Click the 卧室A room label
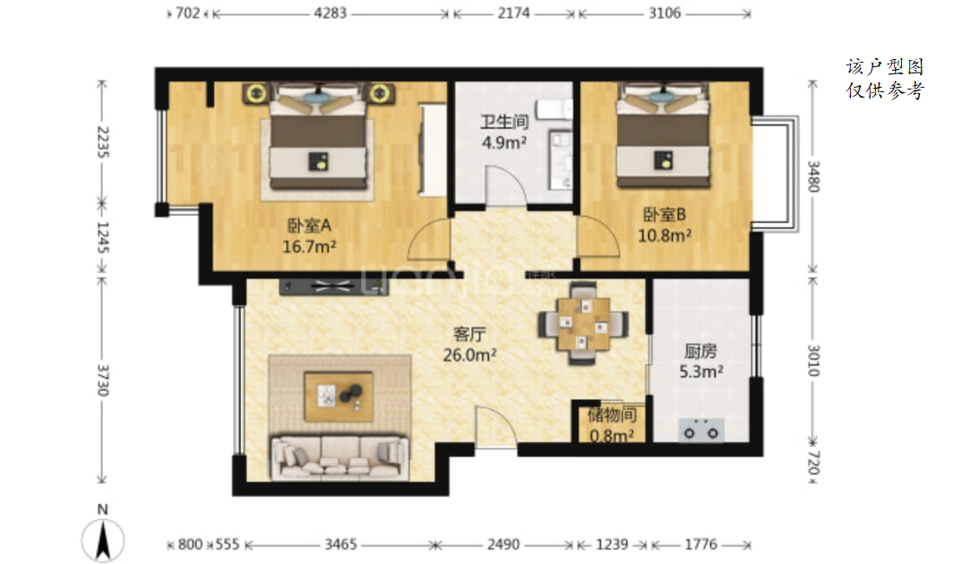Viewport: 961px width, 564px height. click(309, 226)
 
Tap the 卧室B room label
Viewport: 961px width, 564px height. click(664, 215)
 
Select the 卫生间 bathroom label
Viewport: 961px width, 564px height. click(504, 122)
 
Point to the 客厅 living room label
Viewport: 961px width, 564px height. click(469, 334)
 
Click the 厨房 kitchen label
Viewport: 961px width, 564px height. click(700, 351)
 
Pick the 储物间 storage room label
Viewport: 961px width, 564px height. click(612, 415)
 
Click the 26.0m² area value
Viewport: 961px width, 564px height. click(469, 355)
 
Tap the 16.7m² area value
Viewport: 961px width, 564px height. click(309, 246)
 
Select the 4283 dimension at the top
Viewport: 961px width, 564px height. click(330, 13)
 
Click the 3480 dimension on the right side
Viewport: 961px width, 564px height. click(813, 176)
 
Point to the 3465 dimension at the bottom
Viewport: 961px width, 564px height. click(340, 544)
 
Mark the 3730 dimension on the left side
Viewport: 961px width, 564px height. click(102, 380)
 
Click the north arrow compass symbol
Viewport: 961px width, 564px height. click(103, 538)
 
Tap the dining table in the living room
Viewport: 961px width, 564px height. click(583, 323)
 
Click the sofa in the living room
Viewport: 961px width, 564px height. click(340, 457)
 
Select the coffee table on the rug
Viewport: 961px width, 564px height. click(339, 397)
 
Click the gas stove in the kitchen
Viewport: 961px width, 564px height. click(701, 432)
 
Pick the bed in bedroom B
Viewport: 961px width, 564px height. click(663, 136)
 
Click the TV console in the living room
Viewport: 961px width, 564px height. click(334, 286)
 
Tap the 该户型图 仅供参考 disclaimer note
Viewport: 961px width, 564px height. click(885, 79)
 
